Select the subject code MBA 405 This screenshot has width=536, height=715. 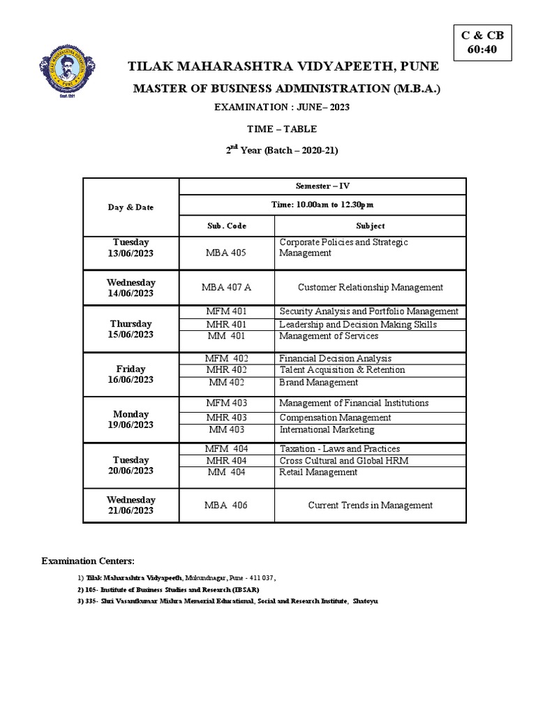point(227,253)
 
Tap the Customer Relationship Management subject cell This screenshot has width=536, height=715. point(370,287)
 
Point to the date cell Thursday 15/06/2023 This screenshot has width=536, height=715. point(131,330)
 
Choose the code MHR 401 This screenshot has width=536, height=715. point(227,325)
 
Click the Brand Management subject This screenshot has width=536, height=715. point(319,383)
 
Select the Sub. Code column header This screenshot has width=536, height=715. point(227,226)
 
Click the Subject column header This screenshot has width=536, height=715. point(370,226)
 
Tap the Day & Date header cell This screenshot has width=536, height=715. point(131,207)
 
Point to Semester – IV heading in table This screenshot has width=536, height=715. point(322,186)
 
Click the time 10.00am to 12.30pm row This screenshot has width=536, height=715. point(322,205)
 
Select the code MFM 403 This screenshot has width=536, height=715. point(227,404)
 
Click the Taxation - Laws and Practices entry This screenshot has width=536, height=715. point(339,449)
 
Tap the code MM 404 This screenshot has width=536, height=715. point(227,473)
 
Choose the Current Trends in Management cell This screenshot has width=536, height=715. point(370,506)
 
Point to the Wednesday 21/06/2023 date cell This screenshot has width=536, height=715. point(131,506)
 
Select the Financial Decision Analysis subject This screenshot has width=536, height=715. point(336,358)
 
